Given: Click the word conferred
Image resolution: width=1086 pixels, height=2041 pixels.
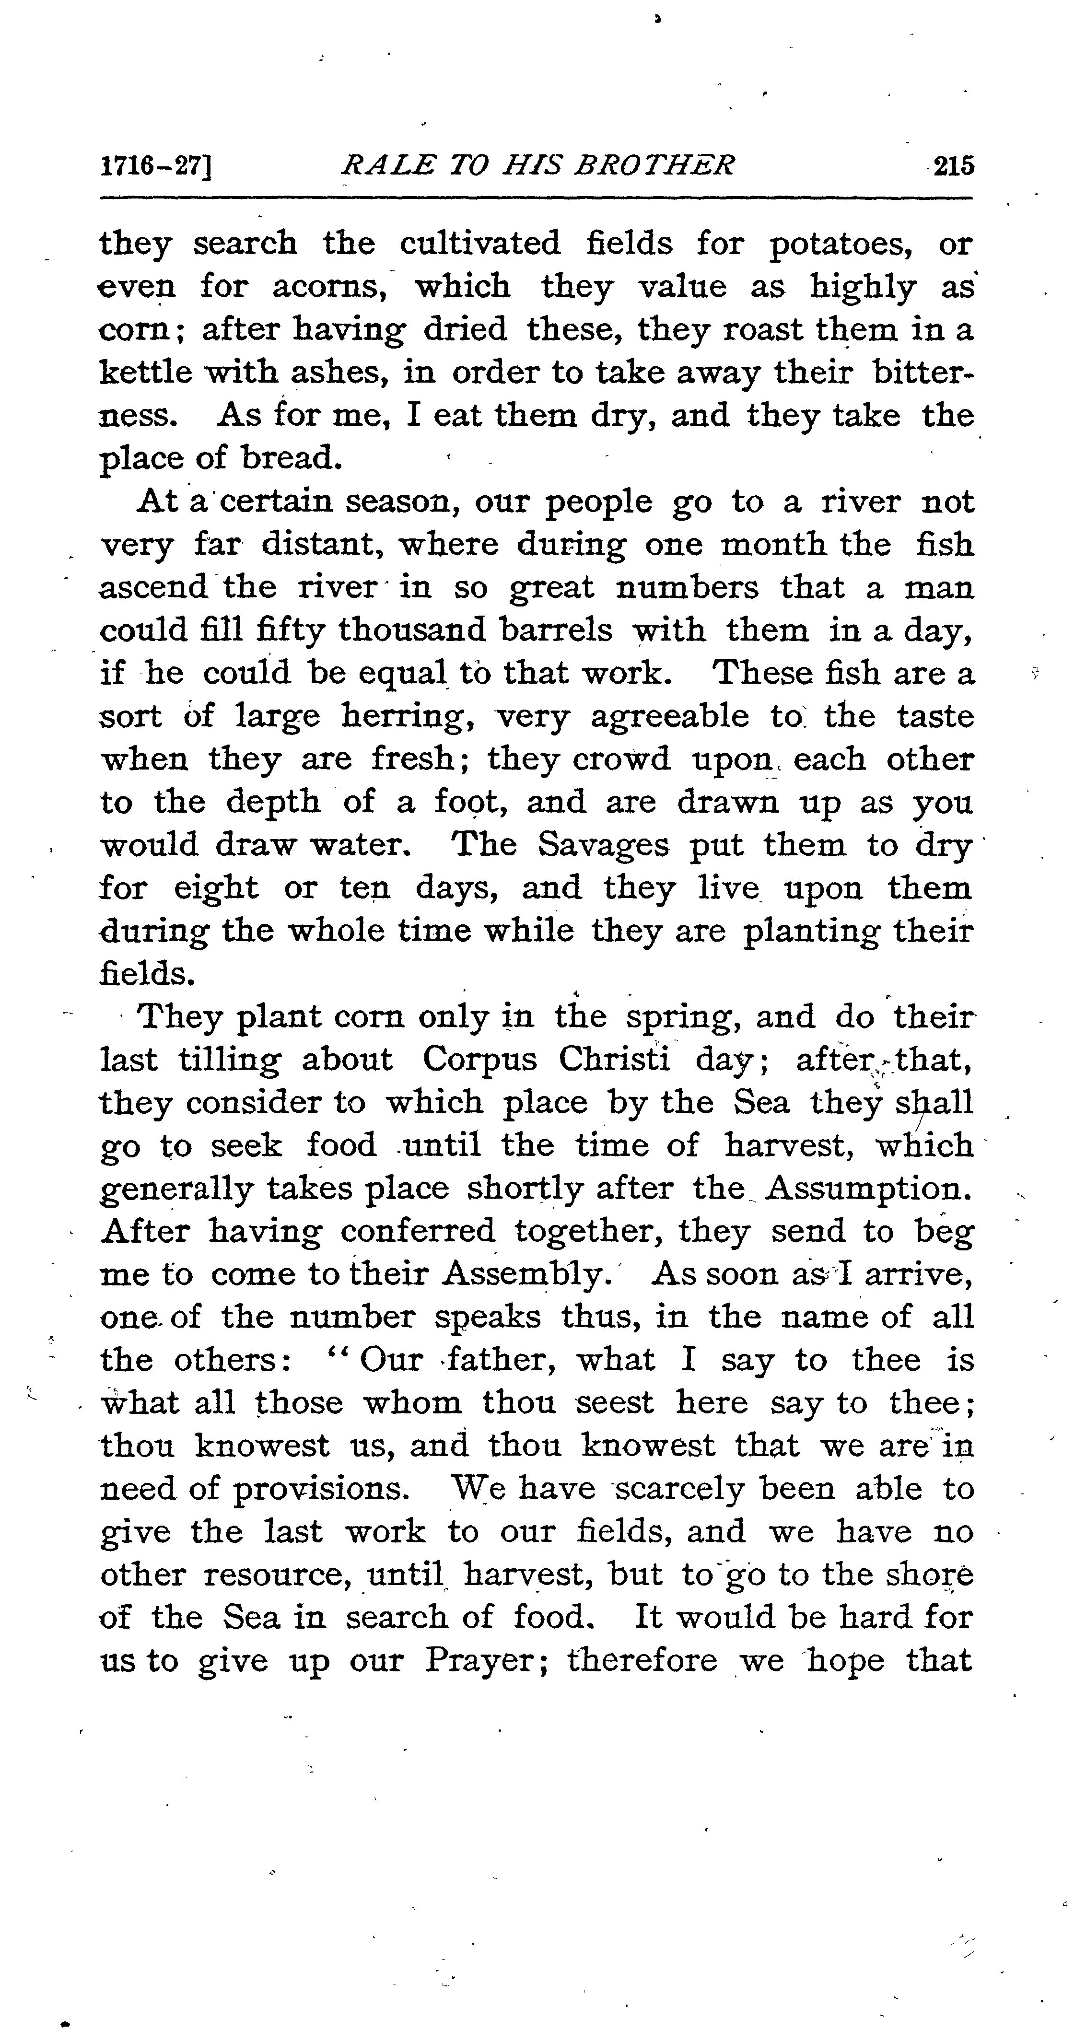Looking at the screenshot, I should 418,1232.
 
